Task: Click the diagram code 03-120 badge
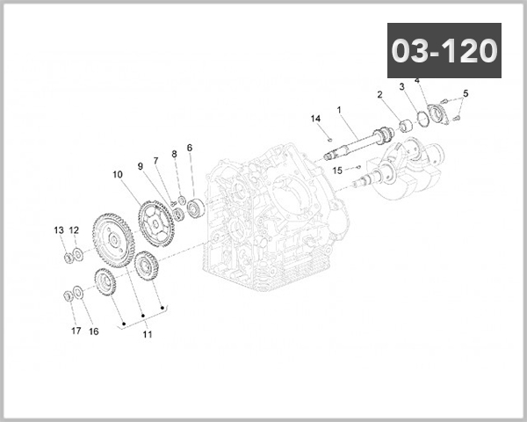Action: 444,50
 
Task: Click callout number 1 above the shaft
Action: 338,110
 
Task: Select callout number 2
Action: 380,94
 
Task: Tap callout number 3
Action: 401,87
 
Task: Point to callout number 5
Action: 466,93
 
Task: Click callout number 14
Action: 314,118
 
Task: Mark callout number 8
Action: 174,154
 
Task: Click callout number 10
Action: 117,174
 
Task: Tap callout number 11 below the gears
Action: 147,335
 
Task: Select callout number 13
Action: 59,230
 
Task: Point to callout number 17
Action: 76,331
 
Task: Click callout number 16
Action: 94,331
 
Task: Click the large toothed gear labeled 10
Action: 113,236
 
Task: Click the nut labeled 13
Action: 67,257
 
